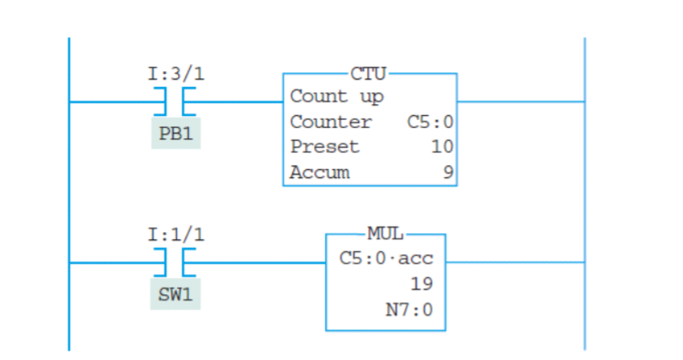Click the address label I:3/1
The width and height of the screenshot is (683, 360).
[176, 73]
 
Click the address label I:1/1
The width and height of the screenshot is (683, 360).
[176, 234]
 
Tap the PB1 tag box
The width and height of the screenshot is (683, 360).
[175, 134]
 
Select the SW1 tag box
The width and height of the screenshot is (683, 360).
[175, 295]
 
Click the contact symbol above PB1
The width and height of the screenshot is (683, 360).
[176, 101]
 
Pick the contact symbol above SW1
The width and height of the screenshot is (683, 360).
[176, 261]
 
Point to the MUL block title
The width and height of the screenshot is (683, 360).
[385, 235]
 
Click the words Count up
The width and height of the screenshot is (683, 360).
[336, 97]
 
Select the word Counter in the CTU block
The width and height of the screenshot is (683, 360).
[331, 122]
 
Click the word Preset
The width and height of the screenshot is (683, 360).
[324, 147]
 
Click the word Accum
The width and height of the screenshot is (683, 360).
[320, 172]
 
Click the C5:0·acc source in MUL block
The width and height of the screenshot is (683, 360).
[386, 259]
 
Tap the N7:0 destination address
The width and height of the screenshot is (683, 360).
[408, 310]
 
